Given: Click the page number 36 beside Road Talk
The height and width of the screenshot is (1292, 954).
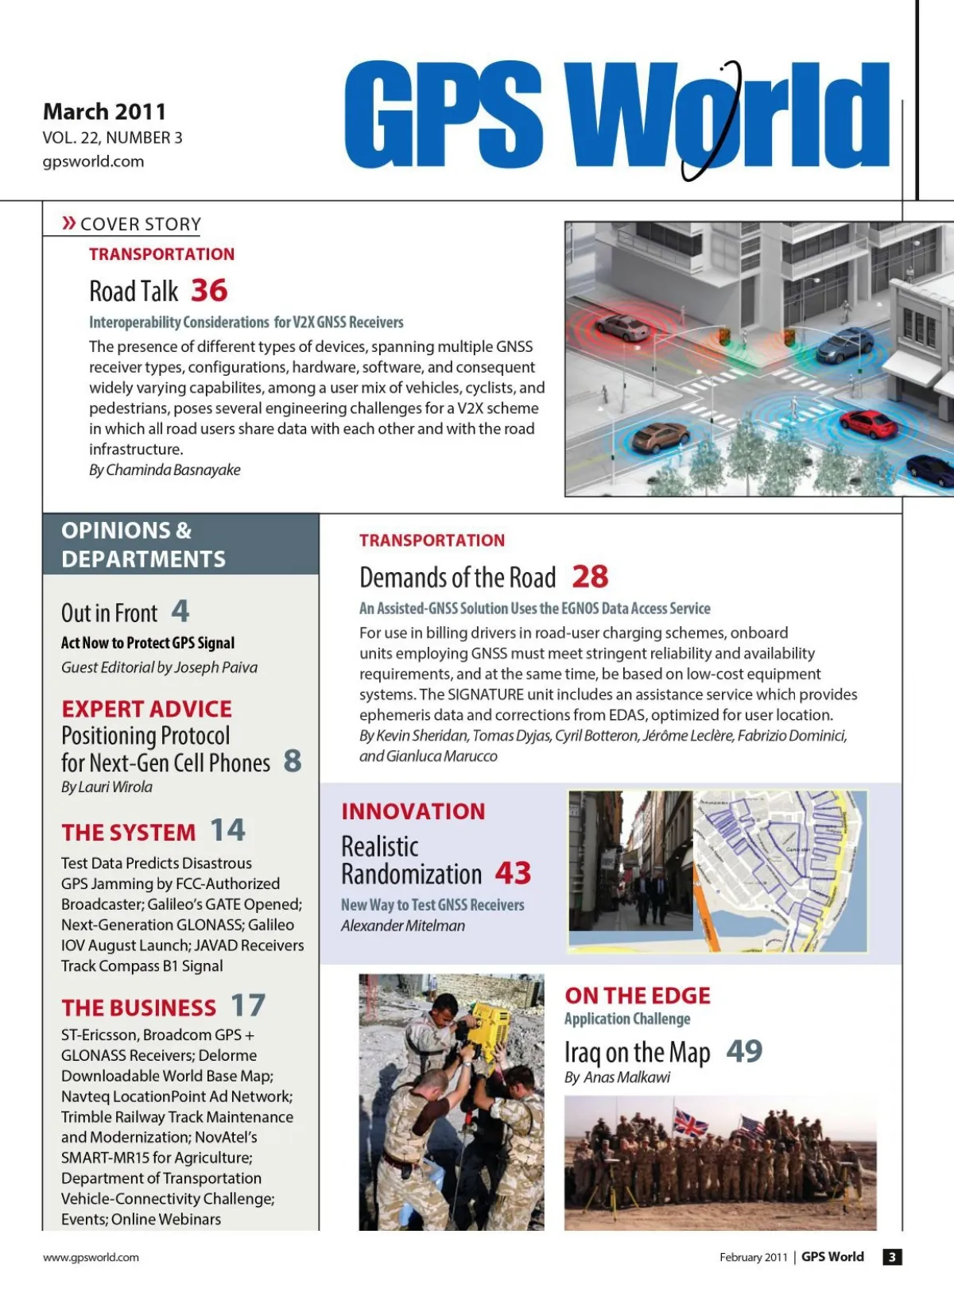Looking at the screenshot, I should pos(209,291).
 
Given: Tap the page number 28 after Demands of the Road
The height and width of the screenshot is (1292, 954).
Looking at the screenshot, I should pos(590,577).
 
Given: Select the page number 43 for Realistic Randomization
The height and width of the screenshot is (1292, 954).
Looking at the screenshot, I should pos(513,873).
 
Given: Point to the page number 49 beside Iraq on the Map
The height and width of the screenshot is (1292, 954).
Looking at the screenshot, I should pos(744,1051).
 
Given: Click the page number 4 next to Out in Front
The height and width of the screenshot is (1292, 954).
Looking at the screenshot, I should pos(180,611).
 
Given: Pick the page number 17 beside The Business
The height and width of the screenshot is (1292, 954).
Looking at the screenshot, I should pos(248,1006).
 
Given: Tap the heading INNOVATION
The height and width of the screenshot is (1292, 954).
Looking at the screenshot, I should pos(413,811).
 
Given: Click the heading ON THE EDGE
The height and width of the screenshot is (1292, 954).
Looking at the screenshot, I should pos(638,996).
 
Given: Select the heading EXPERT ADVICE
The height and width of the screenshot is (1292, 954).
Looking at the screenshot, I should pos(147,709).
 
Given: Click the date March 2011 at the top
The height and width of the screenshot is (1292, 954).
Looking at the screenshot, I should pos(104,111).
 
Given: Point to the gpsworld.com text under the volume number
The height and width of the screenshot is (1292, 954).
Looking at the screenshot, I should pos(93,161).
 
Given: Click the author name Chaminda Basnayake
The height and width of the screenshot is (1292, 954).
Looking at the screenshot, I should pos(173,470).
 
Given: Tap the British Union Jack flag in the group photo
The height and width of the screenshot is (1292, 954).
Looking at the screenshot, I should pos(689,1123).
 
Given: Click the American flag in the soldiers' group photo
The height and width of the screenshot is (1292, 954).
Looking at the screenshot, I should pos(751,1127).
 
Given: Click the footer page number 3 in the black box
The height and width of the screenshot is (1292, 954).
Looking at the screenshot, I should pos(892,1257).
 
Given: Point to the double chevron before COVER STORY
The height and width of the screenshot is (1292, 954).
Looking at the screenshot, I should pos(69,223).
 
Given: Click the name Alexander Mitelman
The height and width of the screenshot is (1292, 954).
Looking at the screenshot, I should pos(403,926).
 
